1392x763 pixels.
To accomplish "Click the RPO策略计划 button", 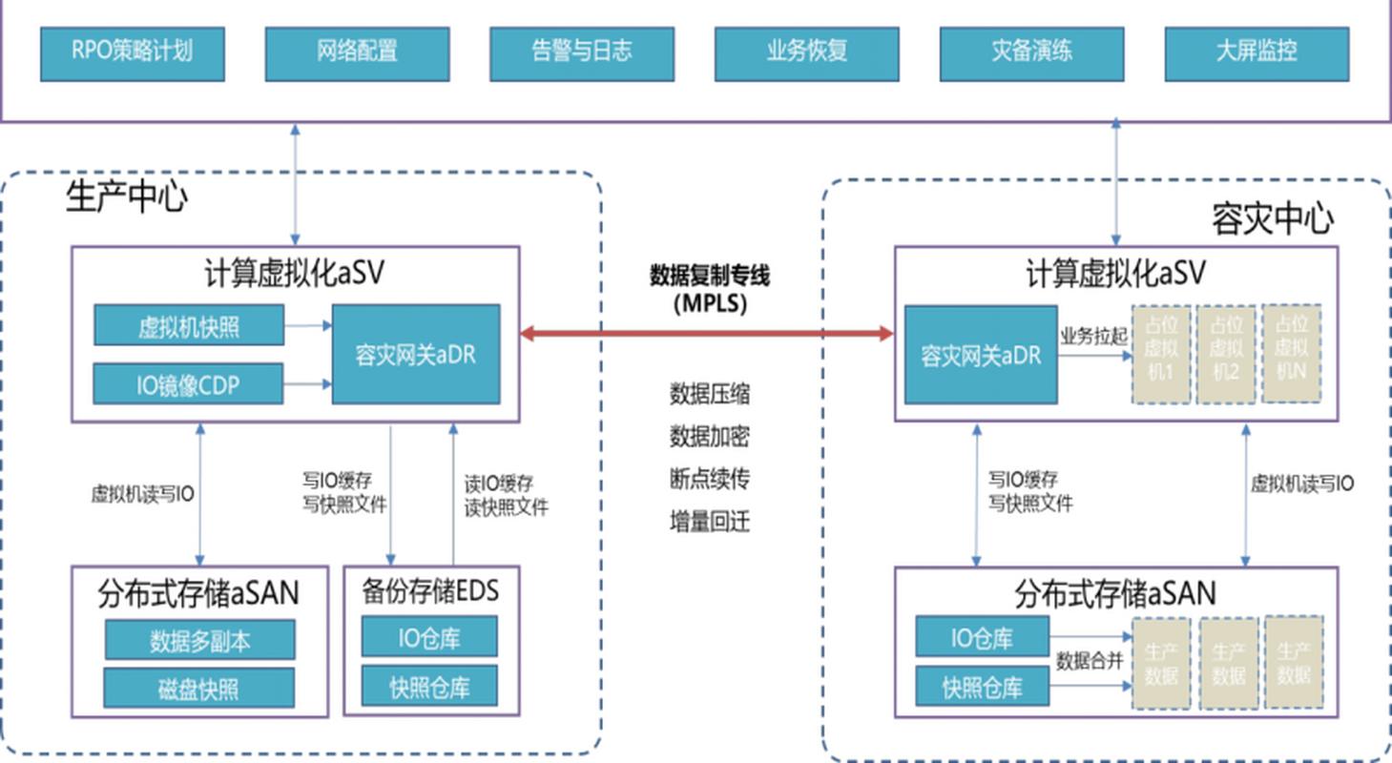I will [x=132, y=53].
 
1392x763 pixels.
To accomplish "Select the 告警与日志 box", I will [x=582, y=53].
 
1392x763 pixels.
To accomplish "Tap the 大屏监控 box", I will [x=1257, y=53].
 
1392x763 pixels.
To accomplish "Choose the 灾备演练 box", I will [x=1031, y=53].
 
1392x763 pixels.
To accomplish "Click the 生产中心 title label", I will [x=126, y=197].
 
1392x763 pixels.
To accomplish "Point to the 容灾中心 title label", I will [x=1272, y=218].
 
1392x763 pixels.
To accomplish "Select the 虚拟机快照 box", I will [x=189, y=326].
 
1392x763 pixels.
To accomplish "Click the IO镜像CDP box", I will [x=188, y=384].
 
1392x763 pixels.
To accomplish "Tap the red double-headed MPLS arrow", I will [x=706, y=334].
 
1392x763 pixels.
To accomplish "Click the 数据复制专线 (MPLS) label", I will [x=709, y=289].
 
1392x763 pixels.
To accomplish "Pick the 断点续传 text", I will [x=709, y=479].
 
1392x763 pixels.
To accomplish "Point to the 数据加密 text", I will [x=709, y=436].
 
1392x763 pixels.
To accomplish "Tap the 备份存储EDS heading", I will [x=430, y=591].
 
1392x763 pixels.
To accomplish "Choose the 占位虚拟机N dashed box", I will [x=1293, y=354].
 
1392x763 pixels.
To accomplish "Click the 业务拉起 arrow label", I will [x=1092, y=339].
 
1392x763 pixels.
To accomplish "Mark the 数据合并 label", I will [x=1089, y=661].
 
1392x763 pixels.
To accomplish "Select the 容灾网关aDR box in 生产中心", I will [x=415, y=355].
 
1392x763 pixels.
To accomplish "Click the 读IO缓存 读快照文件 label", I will [x=506, y=495].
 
